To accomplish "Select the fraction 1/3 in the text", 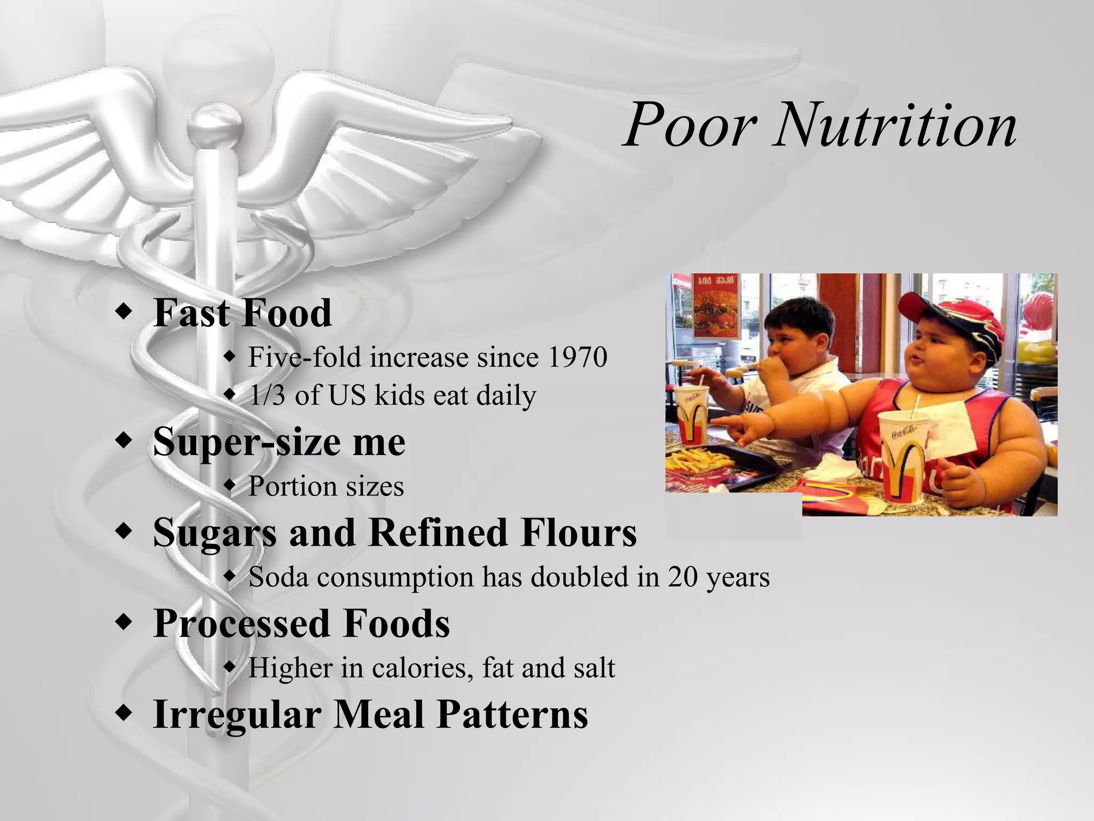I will click(x=267, y=396).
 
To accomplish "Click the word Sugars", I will click(x=213, y=533).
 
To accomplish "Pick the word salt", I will click(x=594, y=668).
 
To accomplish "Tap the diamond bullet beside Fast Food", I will click(x=123, y=312).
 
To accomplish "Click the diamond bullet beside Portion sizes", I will click(x=230, y=486).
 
